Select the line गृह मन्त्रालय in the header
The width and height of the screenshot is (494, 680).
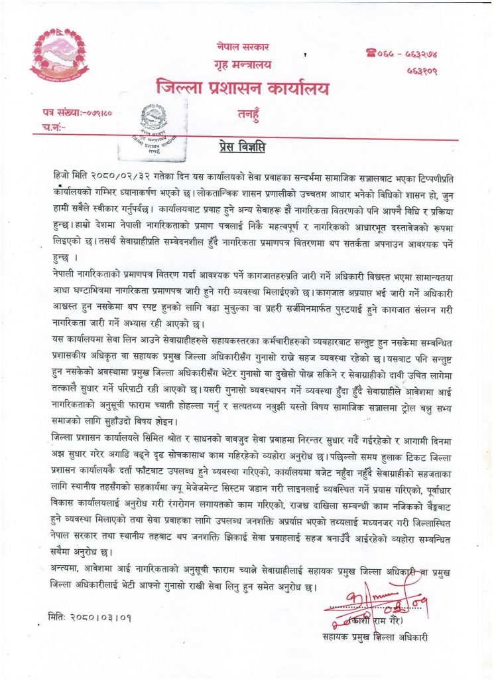click(x=243, y=66)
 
